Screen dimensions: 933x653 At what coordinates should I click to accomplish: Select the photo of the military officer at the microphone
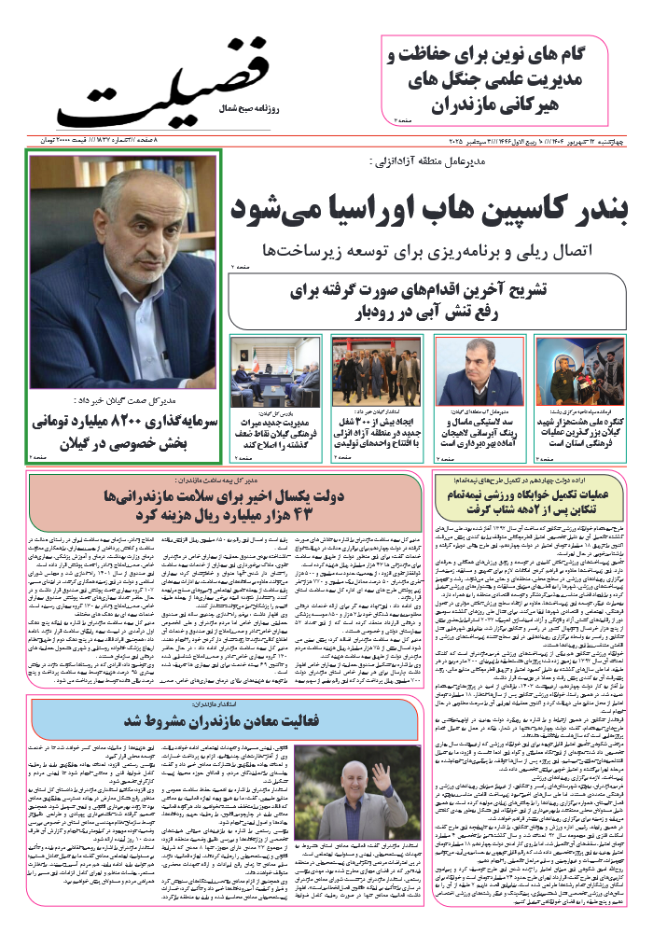click(566, 370)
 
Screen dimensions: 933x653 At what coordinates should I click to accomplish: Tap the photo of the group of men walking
click(364, 370)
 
